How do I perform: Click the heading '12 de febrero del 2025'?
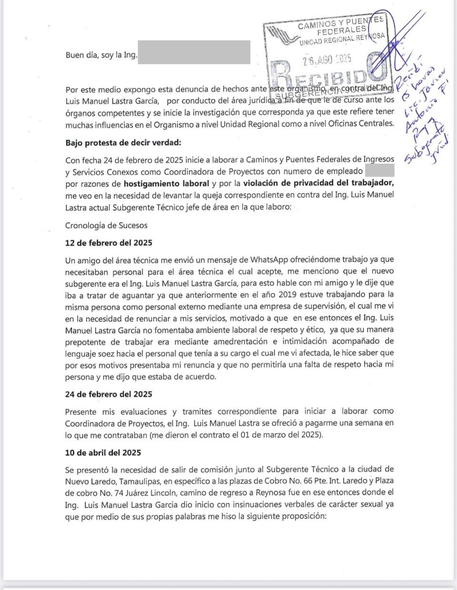click(x=109, y=243)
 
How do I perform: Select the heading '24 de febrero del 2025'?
click(x=109, y=394)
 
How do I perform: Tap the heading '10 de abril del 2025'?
click(x=103, y=452)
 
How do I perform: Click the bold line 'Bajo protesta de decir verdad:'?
click(x=123, y=143)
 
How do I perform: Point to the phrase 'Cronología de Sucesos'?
click(x=107, y=226)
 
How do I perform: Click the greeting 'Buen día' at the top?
click(x=80, y=55)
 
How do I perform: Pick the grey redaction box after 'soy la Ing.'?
click(x=194, y=52)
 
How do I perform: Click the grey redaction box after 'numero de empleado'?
click(x=379, y=170)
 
